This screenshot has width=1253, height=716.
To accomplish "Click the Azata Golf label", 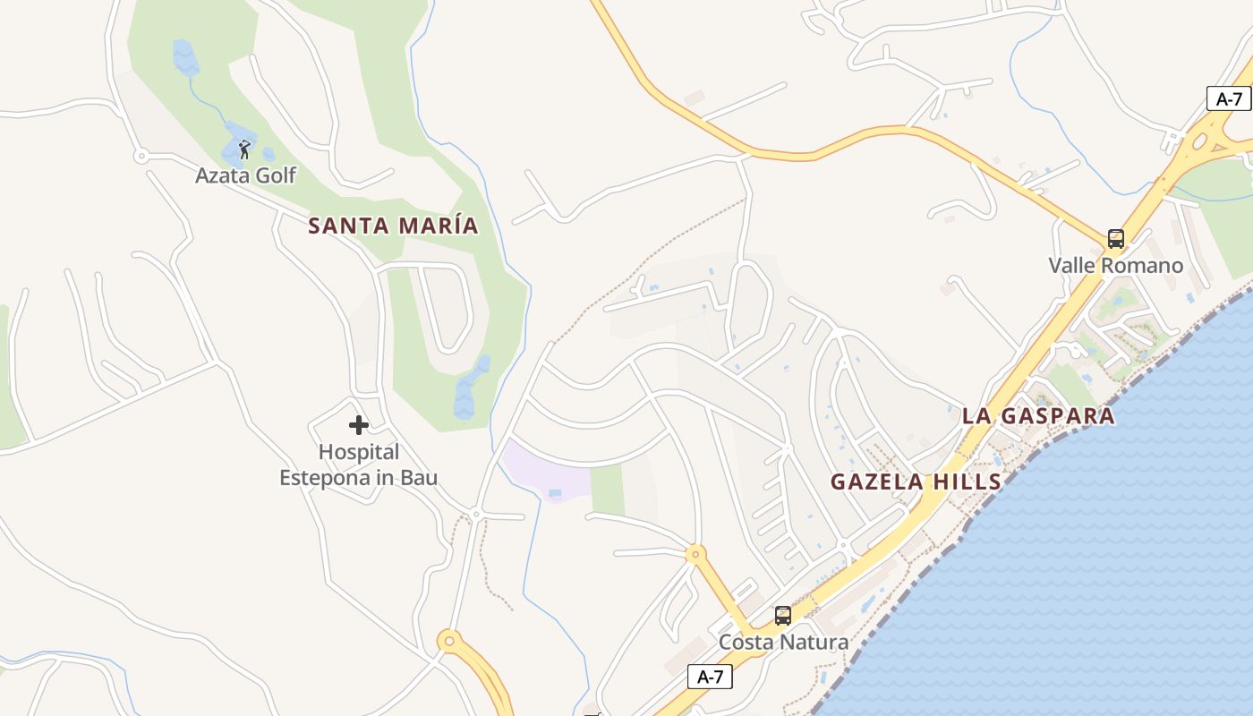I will pyautogui.click(x=245, y=175).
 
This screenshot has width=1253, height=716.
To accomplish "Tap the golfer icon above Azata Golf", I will pyautogui.click(x=244, y=149).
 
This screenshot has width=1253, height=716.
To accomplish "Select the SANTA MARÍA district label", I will pyautogui.click(x=393, y=226).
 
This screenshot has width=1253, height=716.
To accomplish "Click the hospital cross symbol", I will pyautogui.click(x=359, y=424).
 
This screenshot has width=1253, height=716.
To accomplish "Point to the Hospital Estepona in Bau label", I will pyautogui.click(x=358, y=465).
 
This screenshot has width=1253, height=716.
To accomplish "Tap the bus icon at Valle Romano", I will pyautogui.click(x=1115, y=239).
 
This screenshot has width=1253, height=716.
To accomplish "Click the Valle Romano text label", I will pyautogui.click(x=1115, y=266).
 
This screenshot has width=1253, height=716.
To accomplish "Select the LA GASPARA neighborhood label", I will pyautogui.click(x=1038, y=416).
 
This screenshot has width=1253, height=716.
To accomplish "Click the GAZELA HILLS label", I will pyautogui.click(x=916, y=482).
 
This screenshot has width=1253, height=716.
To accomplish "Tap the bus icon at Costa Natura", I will pyautogui.click(x=782, y=616).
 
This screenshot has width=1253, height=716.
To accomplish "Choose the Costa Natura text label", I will pyautogui.click(x=783, y=643).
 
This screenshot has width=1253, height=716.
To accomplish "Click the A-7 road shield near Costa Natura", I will pyautogui.click(x=710, y=678).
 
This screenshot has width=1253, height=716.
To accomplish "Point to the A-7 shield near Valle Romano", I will pyautogui.click(x=1228, y=99).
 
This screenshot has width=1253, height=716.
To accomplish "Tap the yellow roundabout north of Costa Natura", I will pyautogui.click(x=695, y=554).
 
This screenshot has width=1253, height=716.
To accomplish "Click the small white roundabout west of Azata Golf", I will pyautogui.click(x=141, y=157).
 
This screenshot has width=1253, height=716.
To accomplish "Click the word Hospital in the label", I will pyautogui.click(x=359, y=453).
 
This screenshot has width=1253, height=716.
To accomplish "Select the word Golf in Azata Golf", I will pyautogui.click(x=276, y=175).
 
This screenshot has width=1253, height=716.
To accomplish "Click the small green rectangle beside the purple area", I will pyautogui.click(x=608, y=490).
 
